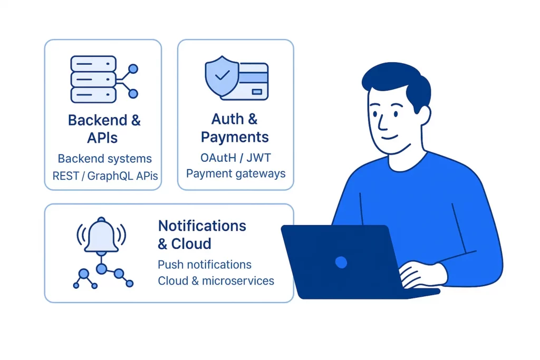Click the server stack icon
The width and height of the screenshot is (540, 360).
[93, 79]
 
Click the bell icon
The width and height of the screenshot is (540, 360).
[101, 236]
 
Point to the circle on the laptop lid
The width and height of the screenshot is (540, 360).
[341, 261]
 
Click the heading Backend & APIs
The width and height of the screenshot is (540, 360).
[104, 129]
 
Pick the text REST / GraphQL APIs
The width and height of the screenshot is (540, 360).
[105, 176]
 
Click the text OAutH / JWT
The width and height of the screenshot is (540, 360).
[235, 158]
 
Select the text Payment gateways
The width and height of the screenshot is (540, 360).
[235, 173]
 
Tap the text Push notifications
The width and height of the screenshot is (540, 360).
[205, 265]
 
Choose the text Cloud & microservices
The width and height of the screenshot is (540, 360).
[216, 281]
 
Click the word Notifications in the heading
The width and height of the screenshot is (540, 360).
[202, 226]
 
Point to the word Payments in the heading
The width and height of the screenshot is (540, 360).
[235, 137]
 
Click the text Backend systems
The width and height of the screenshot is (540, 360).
[104, 159]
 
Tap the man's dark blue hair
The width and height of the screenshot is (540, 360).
[396, 79]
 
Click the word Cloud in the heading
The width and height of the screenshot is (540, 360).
[191, 244]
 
